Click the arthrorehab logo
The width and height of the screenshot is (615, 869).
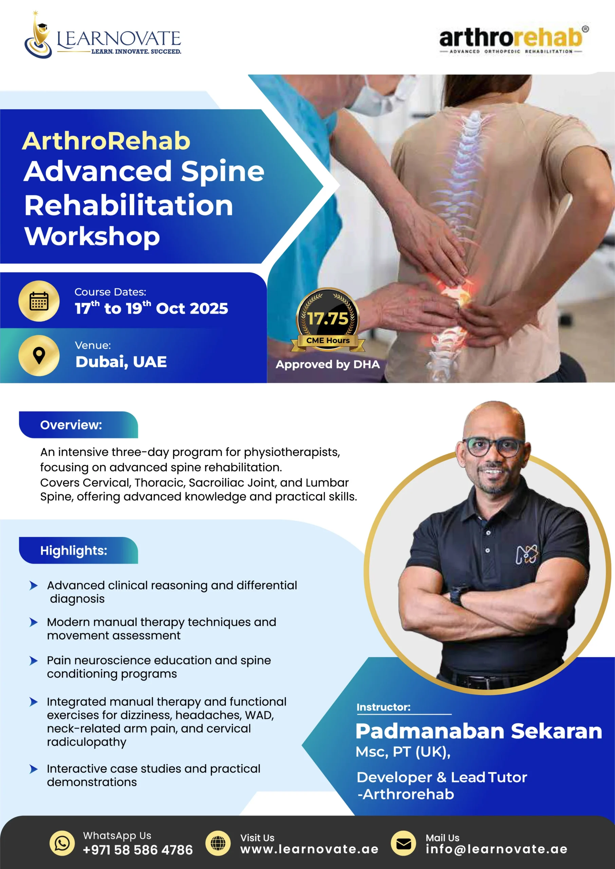[514, 40]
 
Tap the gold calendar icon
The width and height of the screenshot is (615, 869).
[39, 301]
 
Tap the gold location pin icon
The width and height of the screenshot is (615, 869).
[39, 355]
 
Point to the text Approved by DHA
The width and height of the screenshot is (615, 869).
[328, 364]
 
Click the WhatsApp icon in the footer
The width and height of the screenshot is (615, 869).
[62, 843]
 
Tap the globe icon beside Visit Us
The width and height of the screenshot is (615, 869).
[218, 843]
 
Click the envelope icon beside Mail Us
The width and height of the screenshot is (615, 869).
[403, 843]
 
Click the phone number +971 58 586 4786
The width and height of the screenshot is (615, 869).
[137, 850]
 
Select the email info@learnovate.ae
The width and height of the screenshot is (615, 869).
[497, 849]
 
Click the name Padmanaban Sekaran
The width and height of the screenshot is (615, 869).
[479, 731]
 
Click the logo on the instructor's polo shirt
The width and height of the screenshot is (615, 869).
[527, 555]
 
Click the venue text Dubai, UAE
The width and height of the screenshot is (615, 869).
[121, 362]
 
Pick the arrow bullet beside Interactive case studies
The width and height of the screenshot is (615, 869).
[34, 769]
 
